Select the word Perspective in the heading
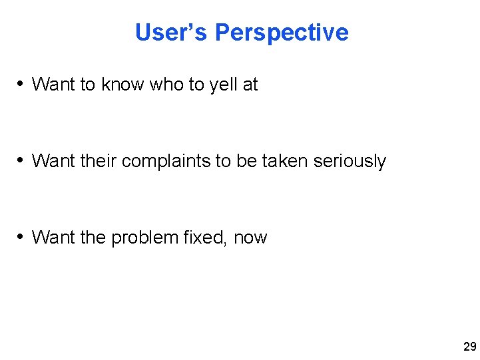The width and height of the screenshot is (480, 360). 282,32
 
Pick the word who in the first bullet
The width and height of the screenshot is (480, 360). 166,85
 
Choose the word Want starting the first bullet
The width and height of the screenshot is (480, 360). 53,85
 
